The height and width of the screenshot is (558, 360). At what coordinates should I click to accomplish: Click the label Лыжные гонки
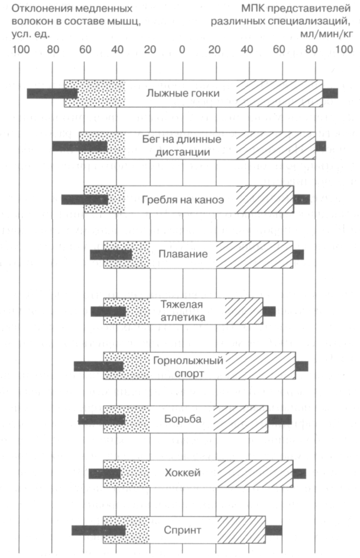coord(183,93)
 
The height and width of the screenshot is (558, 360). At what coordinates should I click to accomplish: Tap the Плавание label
coord(183,254)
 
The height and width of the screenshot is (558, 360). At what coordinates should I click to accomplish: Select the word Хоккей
coord(182,473)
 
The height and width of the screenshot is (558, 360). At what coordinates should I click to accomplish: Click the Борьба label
coord(183,419)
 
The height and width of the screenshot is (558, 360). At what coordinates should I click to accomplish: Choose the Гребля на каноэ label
coord(183,199)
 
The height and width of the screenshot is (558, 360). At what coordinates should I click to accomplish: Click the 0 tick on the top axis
coord(182,49)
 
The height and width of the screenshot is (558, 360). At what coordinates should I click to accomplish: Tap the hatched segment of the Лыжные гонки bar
coord(279,93)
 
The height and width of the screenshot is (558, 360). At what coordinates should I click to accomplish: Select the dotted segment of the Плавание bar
coord(126,255)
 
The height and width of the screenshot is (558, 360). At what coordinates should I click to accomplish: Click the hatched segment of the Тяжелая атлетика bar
coord(244,311)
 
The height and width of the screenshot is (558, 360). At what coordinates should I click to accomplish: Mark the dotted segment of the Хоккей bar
coord(126,473)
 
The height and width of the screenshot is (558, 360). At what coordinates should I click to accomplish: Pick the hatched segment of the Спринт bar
coord(241,530)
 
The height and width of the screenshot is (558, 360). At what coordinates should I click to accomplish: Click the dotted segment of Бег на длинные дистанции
coord(102,145)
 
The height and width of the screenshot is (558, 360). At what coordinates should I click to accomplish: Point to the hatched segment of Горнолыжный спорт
coord(260,365)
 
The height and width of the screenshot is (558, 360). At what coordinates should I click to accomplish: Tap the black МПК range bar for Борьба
coord(280,419)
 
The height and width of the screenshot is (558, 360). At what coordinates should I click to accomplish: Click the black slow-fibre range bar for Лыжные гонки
coord(52,93)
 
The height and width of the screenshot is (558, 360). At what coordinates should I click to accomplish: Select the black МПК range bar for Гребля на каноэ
coord(301,199)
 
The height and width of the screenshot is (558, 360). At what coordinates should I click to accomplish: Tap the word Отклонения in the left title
coord(36,9)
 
